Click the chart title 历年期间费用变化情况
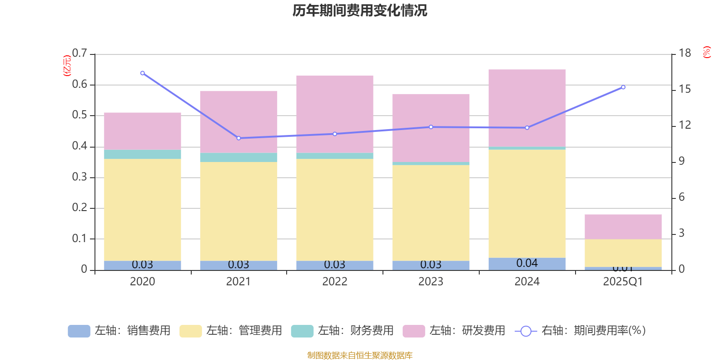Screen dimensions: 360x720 click(x=360, y=10)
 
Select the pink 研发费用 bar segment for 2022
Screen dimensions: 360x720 click(x=335, y=114)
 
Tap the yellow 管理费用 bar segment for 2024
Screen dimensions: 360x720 click(x=527, y=203)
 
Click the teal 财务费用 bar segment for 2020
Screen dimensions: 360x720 click(x=143, y=154)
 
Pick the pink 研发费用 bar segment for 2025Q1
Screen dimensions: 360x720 click(x=623, y=226)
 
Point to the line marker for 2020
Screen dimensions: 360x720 click(x=143, y=73)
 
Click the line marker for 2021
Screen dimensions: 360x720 click(x=238, y=138)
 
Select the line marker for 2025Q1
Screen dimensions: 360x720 click(x=623, y=87)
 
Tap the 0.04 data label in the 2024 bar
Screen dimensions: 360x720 click(x=527, y=263)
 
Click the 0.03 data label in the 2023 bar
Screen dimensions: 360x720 click(x=431, y=265)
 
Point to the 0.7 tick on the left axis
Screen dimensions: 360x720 click(x=80, y=54)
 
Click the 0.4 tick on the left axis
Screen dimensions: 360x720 click(x=80, y=146)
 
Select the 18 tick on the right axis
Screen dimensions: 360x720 click(x=684, y=53)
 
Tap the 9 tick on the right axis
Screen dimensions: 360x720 click(x=681, y=161)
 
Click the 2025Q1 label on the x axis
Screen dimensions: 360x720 click(x=623, y=282)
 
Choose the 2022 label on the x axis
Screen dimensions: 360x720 click(x=335, y=282)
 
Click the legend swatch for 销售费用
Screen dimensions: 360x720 click(x=79, y=331)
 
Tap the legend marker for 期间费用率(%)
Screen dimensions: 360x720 click(x=526, y=331)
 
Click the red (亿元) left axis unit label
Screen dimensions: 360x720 click(x=67, y=66)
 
